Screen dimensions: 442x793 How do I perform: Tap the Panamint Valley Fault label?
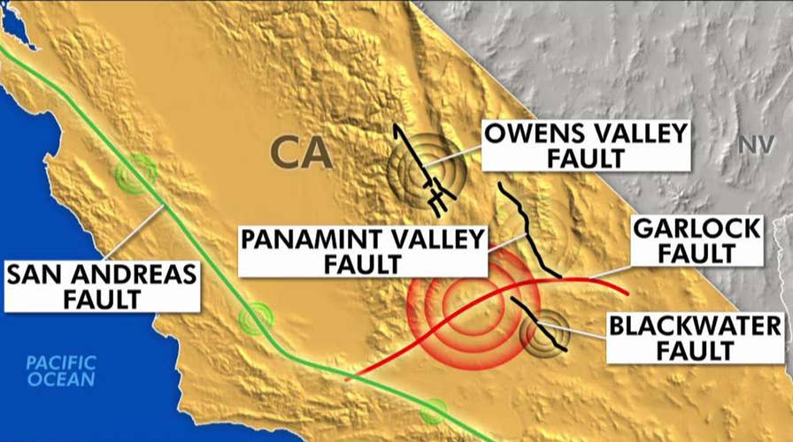[x=363, y=251]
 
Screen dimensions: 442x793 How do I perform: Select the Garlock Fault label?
[x=697, y=240]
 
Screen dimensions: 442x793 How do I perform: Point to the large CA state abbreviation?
[x=301, y=152]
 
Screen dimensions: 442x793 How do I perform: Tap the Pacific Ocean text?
[x=59, y=370]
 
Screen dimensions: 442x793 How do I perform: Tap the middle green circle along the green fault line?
[x=257, y=318]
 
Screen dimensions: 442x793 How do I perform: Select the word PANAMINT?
[x=312, y=240]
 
